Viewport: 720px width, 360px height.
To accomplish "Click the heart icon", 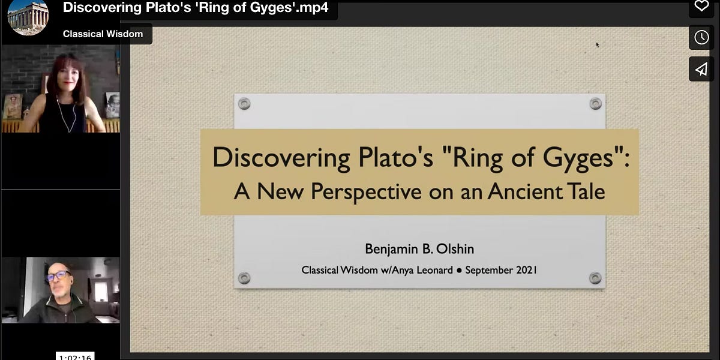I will [x=701, y=7].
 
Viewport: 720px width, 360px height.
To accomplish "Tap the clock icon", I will [x=701, y=37].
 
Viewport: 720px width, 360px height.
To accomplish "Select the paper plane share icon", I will [x=701, y=69].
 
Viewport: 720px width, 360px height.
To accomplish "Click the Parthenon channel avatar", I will [x=28, y=17].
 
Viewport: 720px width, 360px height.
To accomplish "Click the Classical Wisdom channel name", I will [x=103, y=34].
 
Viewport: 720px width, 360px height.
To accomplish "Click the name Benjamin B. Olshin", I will [x=419, y=248].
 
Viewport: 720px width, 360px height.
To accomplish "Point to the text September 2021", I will [x=501, y=270].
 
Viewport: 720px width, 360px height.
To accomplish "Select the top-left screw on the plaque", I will [x=244, y=104].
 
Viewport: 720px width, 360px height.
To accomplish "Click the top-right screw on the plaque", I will [x=595, y=104].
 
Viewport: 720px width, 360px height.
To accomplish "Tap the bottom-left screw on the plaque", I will [x=244, y=278].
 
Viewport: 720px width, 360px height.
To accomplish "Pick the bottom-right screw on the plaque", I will [x=595, y=278].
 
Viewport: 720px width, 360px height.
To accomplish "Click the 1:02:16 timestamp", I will [x=75, y=356].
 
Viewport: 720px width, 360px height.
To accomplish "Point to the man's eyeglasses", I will [x=58, y=276].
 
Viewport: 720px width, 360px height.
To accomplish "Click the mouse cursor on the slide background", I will [x=598, y=44].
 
